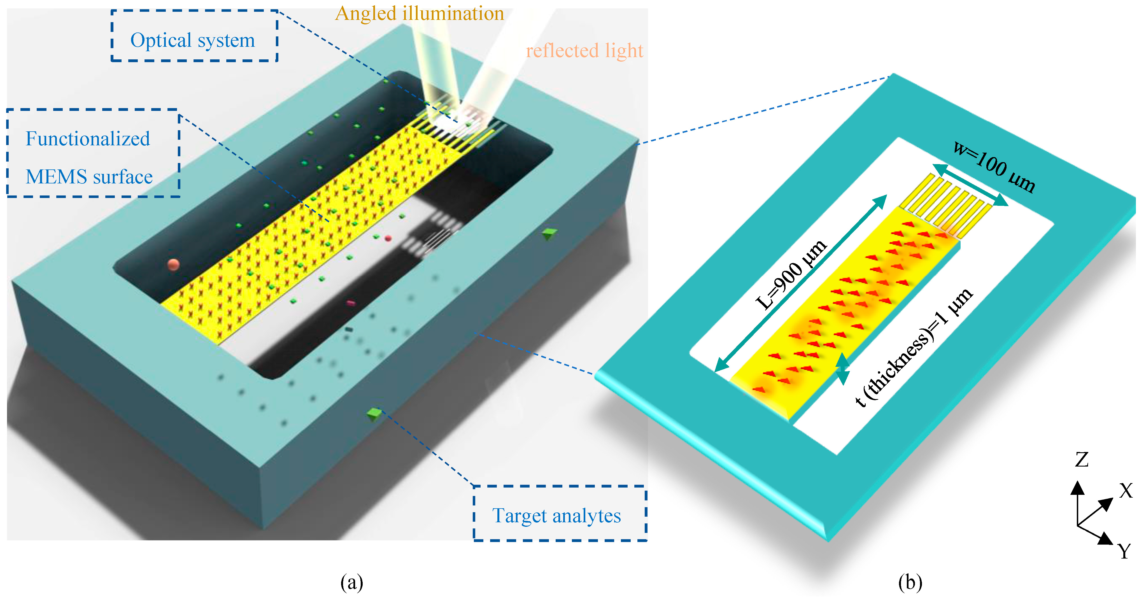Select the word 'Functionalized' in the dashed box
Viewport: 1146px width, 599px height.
[x=88, y=139]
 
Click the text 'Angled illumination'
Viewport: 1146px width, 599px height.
[x=419, y=13]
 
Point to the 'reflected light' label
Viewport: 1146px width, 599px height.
[x=584, y=51]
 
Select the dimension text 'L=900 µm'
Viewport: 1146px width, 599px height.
[x=791, y=275]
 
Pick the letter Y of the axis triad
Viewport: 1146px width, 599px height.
[x=1124, y=551]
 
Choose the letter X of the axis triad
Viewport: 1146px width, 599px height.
[x=1126, y=491]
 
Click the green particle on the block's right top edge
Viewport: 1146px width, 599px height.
[x=550, y=234]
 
